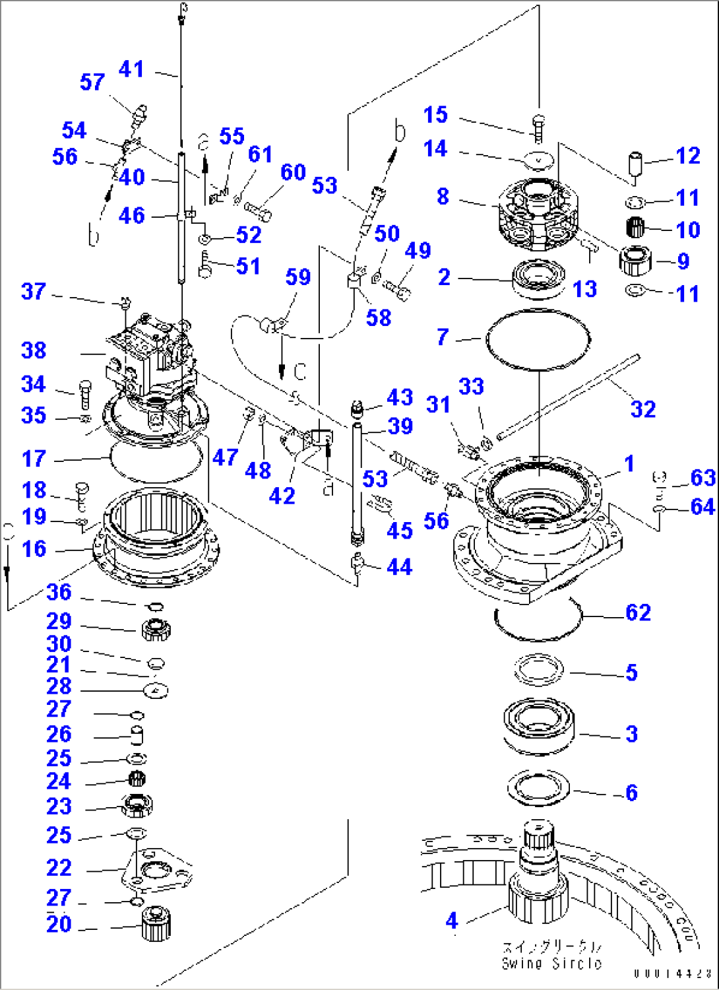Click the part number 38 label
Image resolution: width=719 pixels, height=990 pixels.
tap(34, 350)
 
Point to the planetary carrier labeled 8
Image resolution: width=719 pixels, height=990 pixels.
tap(538, 214)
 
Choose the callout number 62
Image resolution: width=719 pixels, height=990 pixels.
tap(638, 612)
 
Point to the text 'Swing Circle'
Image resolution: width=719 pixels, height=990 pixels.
tap(551, 963)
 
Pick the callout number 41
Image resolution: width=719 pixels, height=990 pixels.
tap(131, 69)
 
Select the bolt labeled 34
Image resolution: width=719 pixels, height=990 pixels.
tap(84, 395)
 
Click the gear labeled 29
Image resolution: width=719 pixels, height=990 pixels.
tap(156, 630)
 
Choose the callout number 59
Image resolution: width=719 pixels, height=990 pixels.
tap(298, 277)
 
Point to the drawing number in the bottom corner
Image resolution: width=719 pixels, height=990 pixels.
tap(672, 973)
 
